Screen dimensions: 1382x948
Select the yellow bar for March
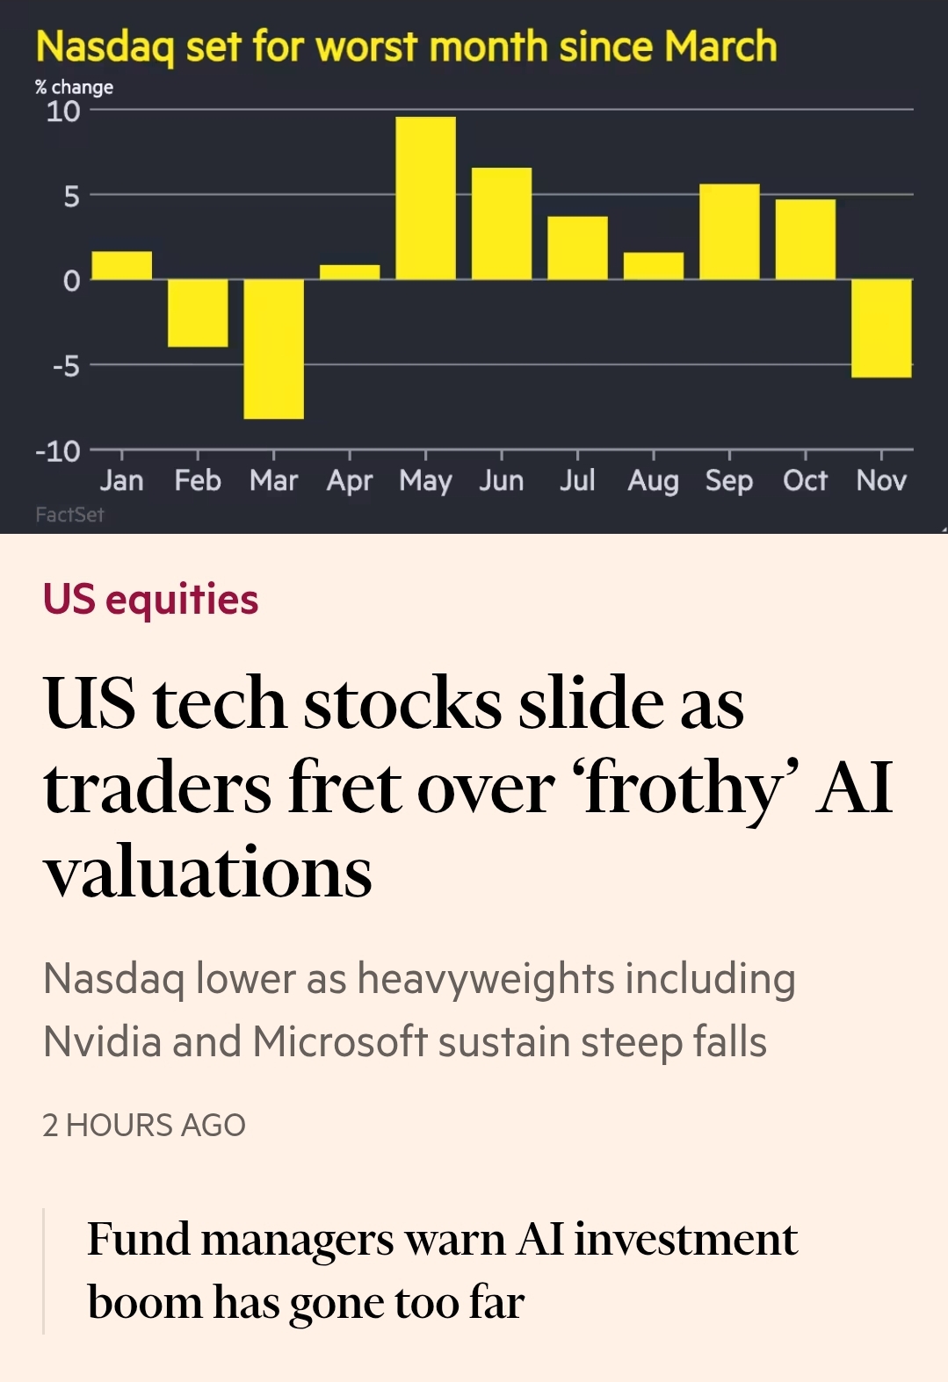point(273,349)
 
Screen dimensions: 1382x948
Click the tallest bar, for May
point(425,198)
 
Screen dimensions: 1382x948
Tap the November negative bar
point(880,328)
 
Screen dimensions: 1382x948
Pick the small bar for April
point(350,272)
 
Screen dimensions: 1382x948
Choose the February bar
point(198,313)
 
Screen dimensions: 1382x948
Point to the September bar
point(729,232)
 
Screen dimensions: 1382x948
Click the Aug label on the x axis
point(653,480)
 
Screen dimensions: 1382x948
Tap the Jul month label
point(577,480)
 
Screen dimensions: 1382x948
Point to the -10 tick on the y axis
point(58,451)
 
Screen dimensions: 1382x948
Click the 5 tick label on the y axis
point(71,196)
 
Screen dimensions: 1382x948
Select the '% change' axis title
point(74,87)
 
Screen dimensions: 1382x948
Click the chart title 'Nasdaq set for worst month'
point(406,47)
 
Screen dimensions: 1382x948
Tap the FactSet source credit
point(69,515)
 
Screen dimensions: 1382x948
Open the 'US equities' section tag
point(150,600)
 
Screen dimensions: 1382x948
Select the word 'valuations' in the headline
point(208,872)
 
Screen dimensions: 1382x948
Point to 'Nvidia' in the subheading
point(102,1042)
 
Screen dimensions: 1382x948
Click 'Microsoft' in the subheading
point(340,1042)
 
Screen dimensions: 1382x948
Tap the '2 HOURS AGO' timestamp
point(144,1125)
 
